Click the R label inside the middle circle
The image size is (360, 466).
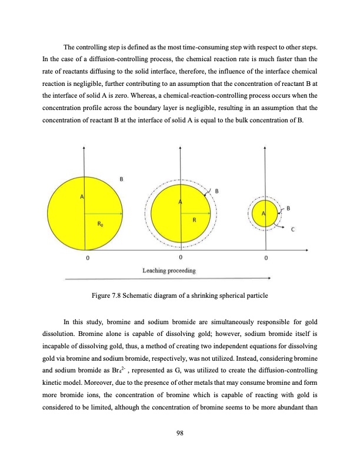click(194, 220)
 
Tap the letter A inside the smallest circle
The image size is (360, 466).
click(264, 212)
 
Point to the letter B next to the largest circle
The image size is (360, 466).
click(122, 178)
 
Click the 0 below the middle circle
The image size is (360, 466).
click(181, 257)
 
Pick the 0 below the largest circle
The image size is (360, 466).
click(88, 257)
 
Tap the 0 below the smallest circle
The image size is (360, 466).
click(266, 257)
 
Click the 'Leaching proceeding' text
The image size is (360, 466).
click(170, 270)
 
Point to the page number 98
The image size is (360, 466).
click(180, 433)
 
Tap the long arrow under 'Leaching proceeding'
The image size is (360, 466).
click(167, 278)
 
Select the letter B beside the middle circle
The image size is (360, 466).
click(217, 191)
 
